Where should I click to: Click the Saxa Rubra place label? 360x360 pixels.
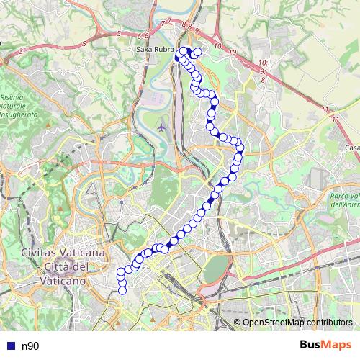(156, 50)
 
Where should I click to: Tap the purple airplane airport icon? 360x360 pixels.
(161, 126)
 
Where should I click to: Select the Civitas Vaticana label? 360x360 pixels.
(63, 253)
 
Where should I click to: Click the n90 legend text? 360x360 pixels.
(30, 346)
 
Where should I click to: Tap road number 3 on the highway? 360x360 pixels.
(22, 50)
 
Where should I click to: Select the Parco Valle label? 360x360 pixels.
(345, 196)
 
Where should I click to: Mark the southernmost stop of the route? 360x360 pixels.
(122, 290)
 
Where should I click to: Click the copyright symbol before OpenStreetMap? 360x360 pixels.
(238, 323)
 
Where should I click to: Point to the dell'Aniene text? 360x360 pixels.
(346, 204)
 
